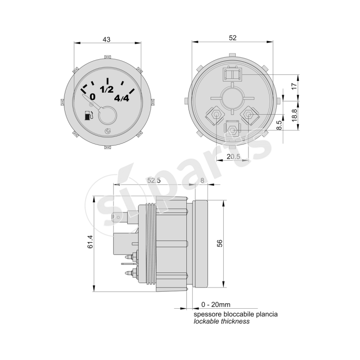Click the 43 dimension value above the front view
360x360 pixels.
coord(107,40)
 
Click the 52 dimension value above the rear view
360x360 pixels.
coord(233,38)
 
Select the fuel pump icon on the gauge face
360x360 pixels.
coord(89,116)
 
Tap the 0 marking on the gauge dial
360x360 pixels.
coord(92,96)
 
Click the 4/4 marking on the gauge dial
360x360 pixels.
coord(121,98)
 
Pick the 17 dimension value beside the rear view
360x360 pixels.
coord(294,86)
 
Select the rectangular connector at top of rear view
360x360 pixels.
coord(232,73)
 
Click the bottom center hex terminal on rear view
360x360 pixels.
coord(233,130)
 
